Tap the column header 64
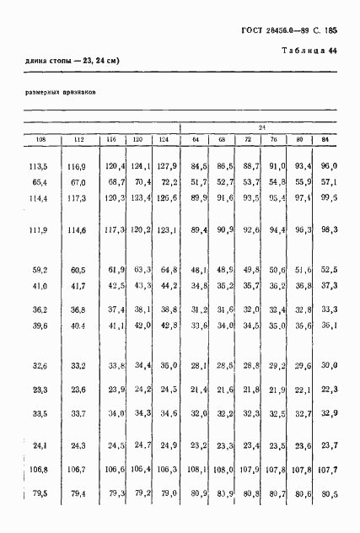tap(195, 139)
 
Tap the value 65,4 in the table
tap(40, 181)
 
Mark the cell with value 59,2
tap(40, 270)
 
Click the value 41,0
tap(40, 286)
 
